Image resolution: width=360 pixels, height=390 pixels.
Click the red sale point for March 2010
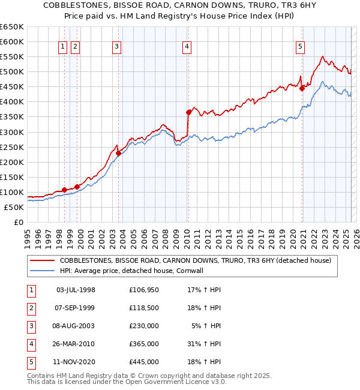click(188, 112)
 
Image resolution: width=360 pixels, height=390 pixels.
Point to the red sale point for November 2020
click(302, 88)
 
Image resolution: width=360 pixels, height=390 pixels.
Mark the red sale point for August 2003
click(118, 153)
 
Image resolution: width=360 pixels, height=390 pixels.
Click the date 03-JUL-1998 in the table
click(76, 290)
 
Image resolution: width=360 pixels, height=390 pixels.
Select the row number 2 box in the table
click(31, 308)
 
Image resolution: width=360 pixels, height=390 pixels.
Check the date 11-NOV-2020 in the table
click(76, 362)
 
